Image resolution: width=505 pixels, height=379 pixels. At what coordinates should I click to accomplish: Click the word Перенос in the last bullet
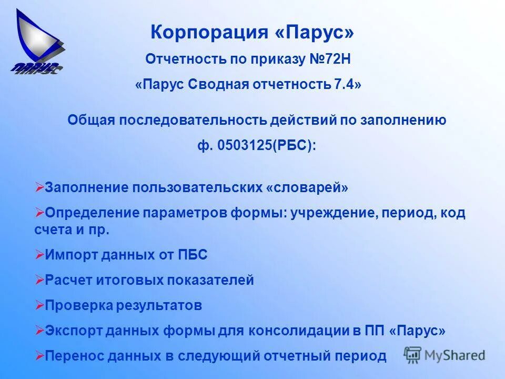71,356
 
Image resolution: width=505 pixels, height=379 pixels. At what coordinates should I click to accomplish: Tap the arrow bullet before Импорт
39,255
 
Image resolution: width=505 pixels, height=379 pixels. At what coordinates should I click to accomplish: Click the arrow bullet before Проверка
39,305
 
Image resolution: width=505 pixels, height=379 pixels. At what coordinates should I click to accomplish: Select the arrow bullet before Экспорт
39,330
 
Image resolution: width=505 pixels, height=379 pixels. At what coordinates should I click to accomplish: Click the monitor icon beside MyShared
412,354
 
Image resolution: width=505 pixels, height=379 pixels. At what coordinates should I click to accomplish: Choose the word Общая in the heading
91,120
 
